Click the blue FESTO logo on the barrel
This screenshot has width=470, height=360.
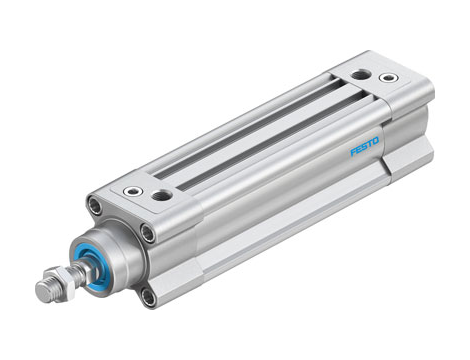[x=364, y=146]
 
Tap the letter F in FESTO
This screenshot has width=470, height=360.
[x=353, y=152]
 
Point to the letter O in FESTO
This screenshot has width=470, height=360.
[x=376, y=140]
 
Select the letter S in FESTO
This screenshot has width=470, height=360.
[x=364, y=146]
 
